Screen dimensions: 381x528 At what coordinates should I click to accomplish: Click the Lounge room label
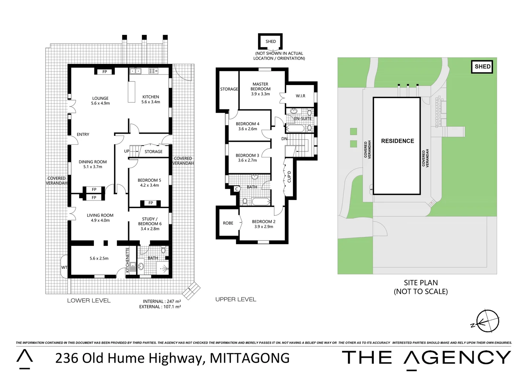[x=100, y=101]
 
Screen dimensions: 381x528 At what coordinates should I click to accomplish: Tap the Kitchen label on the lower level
[x=151, y=99]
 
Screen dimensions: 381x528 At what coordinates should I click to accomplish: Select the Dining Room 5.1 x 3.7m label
[x=92, y=164]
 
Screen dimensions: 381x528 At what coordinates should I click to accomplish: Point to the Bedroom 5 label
[x=149, y=182]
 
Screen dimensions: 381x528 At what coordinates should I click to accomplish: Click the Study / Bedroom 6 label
[x=150, y=224]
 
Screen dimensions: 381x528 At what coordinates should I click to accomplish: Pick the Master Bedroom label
[x=260, y=89]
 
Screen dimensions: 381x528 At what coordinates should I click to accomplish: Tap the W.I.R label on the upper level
[x=300, y=96]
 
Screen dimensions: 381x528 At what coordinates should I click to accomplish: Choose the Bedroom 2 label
[x=264, y=224]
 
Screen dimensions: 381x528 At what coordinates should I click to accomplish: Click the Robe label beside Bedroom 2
[x=228, y=223]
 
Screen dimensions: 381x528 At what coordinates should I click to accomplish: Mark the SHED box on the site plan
[x=482, y=67]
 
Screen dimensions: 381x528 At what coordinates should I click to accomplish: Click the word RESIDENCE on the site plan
[x=397, y=141]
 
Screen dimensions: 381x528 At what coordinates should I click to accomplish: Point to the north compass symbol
[x=488, y=321]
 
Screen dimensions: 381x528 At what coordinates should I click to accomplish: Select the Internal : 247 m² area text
[x=162, y=301]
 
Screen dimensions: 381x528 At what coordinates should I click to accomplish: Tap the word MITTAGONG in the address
[x=250, y=358]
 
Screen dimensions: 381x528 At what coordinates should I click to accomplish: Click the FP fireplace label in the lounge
[x=104, y=72]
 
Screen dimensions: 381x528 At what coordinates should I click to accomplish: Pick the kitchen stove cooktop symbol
[x=153, y=71]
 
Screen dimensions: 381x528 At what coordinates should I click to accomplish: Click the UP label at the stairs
[x=127, y=151]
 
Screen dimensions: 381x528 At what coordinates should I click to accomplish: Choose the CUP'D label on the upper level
[x=289, y=176]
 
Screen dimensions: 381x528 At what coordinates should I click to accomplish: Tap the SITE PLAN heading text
[x=421, y=283]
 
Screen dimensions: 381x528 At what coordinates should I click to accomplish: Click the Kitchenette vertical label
[x=128, y=259]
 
